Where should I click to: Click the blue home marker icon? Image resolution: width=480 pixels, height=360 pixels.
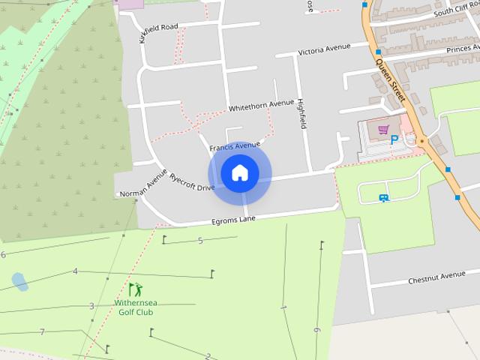240,173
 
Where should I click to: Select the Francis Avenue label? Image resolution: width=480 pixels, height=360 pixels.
235,145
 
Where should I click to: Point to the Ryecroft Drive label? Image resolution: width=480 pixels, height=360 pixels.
192,182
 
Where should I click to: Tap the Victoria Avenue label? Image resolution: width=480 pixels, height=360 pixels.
324,49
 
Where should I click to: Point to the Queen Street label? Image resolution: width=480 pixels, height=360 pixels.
391,80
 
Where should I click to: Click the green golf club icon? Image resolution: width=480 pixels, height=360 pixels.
135,289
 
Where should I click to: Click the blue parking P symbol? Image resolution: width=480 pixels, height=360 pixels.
393,139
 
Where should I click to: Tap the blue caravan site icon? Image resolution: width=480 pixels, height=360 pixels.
383,198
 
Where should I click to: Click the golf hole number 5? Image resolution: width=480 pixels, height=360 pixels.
200,241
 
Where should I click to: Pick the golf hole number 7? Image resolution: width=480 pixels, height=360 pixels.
43,331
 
